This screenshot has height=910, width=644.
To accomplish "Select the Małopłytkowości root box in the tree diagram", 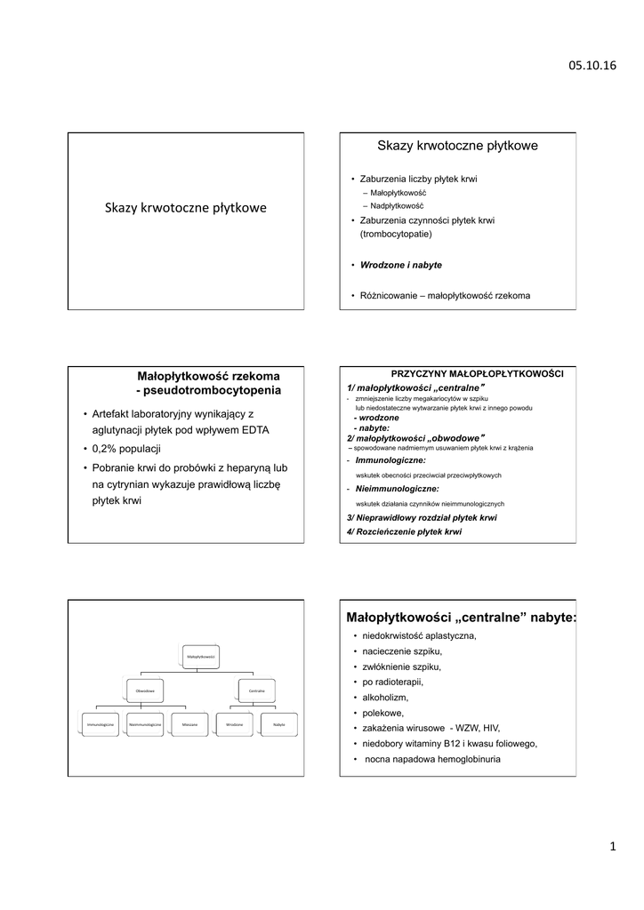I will (199, 656).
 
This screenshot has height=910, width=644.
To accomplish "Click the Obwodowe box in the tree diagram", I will (145, 690).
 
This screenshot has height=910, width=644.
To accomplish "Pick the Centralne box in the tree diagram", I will (257, 690).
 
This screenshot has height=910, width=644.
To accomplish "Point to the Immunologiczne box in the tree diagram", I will (101, 725).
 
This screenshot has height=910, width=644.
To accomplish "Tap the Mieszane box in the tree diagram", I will (189, 725).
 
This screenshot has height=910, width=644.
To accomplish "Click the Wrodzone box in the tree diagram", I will (235, 725).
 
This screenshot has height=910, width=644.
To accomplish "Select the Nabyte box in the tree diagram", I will (279, 725).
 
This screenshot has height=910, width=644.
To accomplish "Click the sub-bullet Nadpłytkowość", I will (397, 205).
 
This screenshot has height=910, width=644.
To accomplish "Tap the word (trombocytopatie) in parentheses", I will (396, 234).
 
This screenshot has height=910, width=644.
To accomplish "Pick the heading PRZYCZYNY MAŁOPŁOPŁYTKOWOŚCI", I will (478, 373).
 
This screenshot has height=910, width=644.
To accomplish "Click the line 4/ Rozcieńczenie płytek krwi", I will (405, 531).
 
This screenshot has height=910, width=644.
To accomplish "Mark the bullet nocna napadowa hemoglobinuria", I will (432, 759).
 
